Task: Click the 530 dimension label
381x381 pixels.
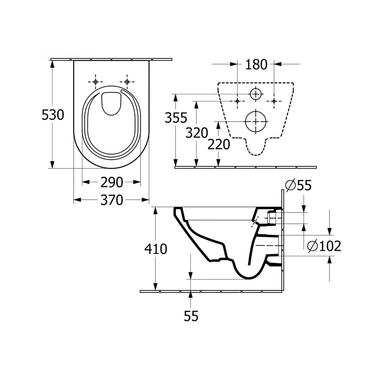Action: click(53, 115)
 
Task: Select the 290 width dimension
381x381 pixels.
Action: click(111, 182)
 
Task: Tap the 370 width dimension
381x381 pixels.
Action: click(111, 200)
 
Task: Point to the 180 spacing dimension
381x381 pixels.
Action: click(256, 64)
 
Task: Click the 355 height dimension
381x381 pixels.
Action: click(176, 118)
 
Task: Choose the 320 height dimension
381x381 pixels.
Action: click(197, 133)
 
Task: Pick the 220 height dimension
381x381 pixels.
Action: click(218, 144)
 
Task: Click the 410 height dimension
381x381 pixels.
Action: click(156, 249)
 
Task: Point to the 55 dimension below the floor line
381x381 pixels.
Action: click(190, 316)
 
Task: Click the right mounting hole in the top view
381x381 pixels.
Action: click(127, 82)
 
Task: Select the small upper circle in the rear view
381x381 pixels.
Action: click(256, 94)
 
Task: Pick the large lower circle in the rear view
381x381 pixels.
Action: click(256, 121)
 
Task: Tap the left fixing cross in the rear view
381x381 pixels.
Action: click(237, 101)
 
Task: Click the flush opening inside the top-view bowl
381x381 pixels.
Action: click(111, 103)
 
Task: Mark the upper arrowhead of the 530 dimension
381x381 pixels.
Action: click(52, 62)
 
